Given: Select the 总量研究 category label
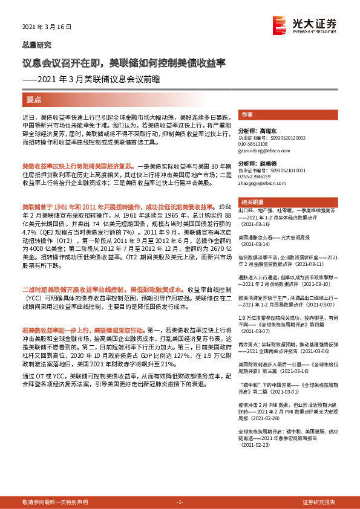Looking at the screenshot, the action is [36, 45].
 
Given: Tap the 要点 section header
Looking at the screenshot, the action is [34, 99].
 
